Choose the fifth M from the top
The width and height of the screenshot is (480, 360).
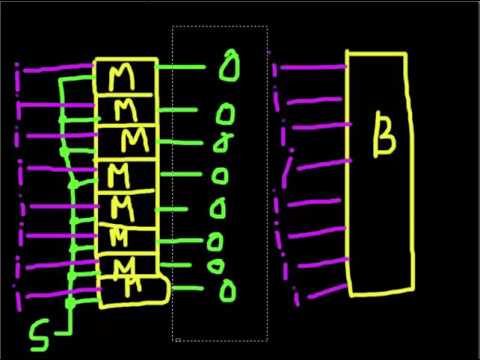[x=123, y=208]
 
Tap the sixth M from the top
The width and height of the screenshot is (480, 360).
[x=121, y=236]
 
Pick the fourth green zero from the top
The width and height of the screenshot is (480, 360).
[x=221, y=176]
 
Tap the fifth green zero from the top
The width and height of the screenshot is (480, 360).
[x=220, y=209]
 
